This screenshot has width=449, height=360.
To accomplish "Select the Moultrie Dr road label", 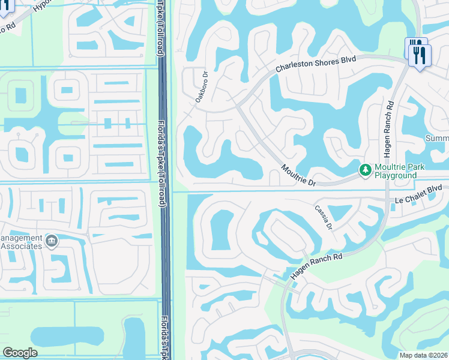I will pyautogui.click(x=297, y=175).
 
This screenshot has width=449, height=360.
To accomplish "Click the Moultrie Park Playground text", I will pyautogui.click(x=396, y=170).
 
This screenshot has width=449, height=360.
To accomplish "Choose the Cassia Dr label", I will pyautogui.click(x=324, y=218).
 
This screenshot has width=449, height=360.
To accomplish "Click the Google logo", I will pyautogui.click(x=20, y=353).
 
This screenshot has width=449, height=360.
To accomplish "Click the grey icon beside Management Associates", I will pyautogui.click(x=52, y=241).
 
